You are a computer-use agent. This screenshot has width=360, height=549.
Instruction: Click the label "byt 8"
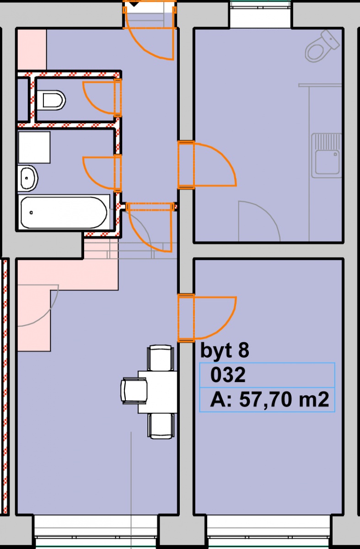click(225, 350)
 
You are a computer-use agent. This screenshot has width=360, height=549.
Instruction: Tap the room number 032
click(228, 375)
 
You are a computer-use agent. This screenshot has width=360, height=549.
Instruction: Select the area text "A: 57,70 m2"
click(269, 399)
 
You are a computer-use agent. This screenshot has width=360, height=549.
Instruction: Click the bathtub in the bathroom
click(64, 212)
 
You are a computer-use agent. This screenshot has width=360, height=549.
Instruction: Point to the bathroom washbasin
click(28, 178)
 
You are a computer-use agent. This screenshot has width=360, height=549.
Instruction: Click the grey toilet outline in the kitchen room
click(322, 46)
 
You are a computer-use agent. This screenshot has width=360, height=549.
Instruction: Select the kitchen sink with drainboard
click(327, 156)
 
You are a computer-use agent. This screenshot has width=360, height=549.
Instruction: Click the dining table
click(157, 392)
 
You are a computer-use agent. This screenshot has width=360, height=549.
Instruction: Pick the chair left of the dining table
click(134, 391)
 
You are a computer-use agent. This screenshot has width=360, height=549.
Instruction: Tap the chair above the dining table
click(161, 358)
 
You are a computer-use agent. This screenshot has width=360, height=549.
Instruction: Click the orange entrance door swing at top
click(150, 31)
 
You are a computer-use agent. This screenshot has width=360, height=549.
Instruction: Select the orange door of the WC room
click(102, 98)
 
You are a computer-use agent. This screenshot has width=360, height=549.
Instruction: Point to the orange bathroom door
click(102, 173)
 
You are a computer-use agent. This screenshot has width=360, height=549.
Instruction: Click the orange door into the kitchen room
click(207, 165)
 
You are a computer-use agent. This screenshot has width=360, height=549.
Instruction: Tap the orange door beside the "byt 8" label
click(207, 318)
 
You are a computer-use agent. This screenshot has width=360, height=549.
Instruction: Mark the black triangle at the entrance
click(134, 4)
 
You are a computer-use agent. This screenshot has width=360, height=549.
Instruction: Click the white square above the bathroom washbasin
click(34, 147)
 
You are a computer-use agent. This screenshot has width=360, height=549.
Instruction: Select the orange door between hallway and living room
click(150, 227)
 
